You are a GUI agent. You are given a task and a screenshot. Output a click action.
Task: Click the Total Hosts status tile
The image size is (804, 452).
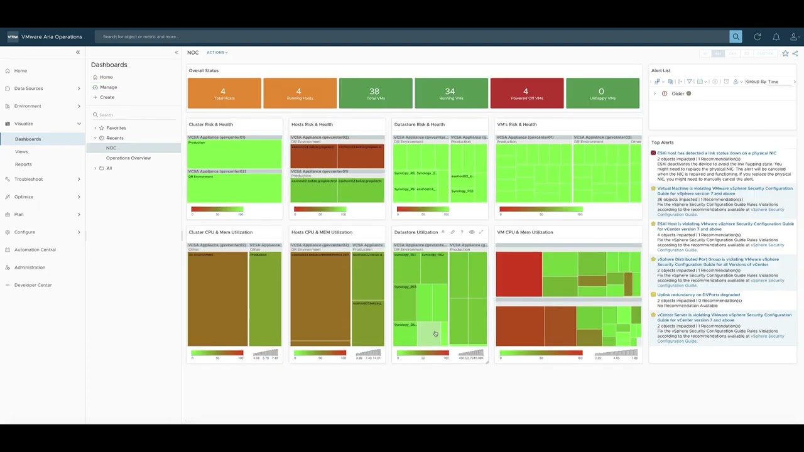pos(224,94)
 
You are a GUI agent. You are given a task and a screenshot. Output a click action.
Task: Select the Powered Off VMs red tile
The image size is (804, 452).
pos(526,94)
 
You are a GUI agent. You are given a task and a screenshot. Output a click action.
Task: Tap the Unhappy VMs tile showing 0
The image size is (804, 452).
pos(602,94)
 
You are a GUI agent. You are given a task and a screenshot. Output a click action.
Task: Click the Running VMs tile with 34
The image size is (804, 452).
pos(450,94)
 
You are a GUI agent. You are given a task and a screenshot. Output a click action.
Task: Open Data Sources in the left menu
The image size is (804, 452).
pos(29,89)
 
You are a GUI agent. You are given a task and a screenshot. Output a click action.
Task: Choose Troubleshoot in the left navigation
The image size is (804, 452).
pos(29,179)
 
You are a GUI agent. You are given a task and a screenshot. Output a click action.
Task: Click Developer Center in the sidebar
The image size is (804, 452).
pos(33,285)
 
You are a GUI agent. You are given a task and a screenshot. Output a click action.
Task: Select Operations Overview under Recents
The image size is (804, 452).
pos(128,158)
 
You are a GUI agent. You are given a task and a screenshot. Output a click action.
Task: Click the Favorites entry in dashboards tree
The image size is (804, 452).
pos(116,128)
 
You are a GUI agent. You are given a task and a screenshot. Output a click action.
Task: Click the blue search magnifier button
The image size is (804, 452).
pos(736,36)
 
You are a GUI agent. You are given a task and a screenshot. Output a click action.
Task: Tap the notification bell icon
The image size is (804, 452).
pos(776,37)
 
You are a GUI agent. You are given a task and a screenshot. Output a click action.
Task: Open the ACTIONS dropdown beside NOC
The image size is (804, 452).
pos(217,53)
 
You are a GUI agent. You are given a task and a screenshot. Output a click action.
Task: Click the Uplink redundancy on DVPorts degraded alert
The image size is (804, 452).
pos(698,294)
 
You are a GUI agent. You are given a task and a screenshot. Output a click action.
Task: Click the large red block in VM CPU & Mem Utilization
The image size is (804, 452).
pos(519,274)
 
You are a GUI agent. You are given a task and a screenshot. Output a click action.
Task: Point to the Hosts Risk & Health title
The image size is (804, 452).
pos(312,124)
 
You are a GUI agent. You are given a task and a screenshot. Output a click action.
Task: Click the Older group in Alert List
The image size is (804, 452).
pos(678,94)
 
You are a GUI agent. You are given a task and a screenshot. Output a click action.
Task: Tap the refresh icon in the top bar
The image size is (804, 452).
pos(758,37)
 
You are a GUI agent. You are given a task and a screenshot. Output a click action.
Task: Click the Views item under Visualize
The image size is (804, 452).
pos(21,152)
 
